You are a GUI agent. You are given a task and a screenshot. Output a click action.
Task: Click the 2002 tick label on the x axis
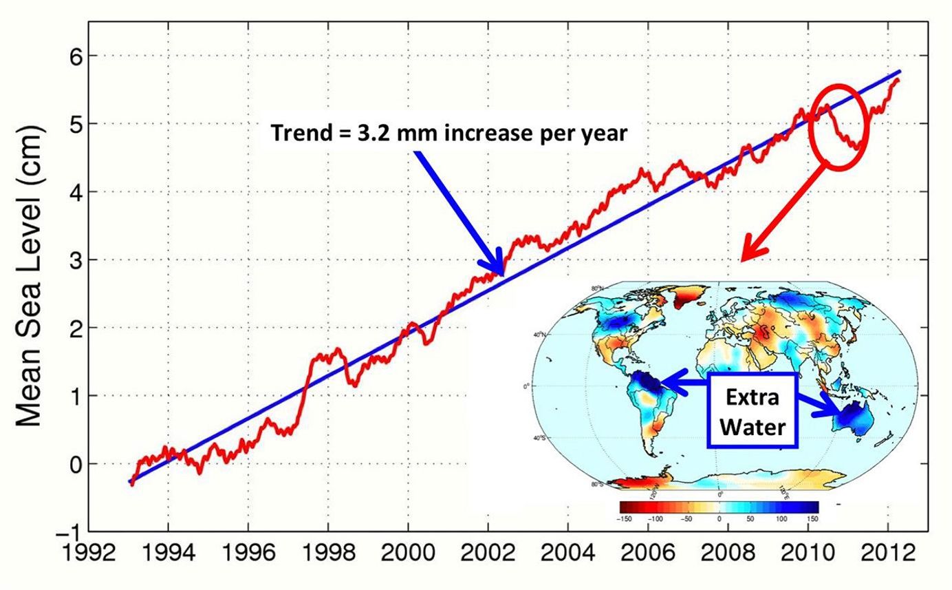coord(488,553)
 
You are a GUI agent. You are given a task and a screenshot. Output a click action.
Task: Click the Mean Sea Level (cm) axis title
coord(30,275)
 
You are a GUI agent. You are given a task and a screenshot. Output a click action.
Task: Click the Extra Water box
coord(752,411)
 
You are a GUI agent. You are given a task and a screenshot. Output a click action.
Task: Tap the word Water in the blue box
coord(752,427)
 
